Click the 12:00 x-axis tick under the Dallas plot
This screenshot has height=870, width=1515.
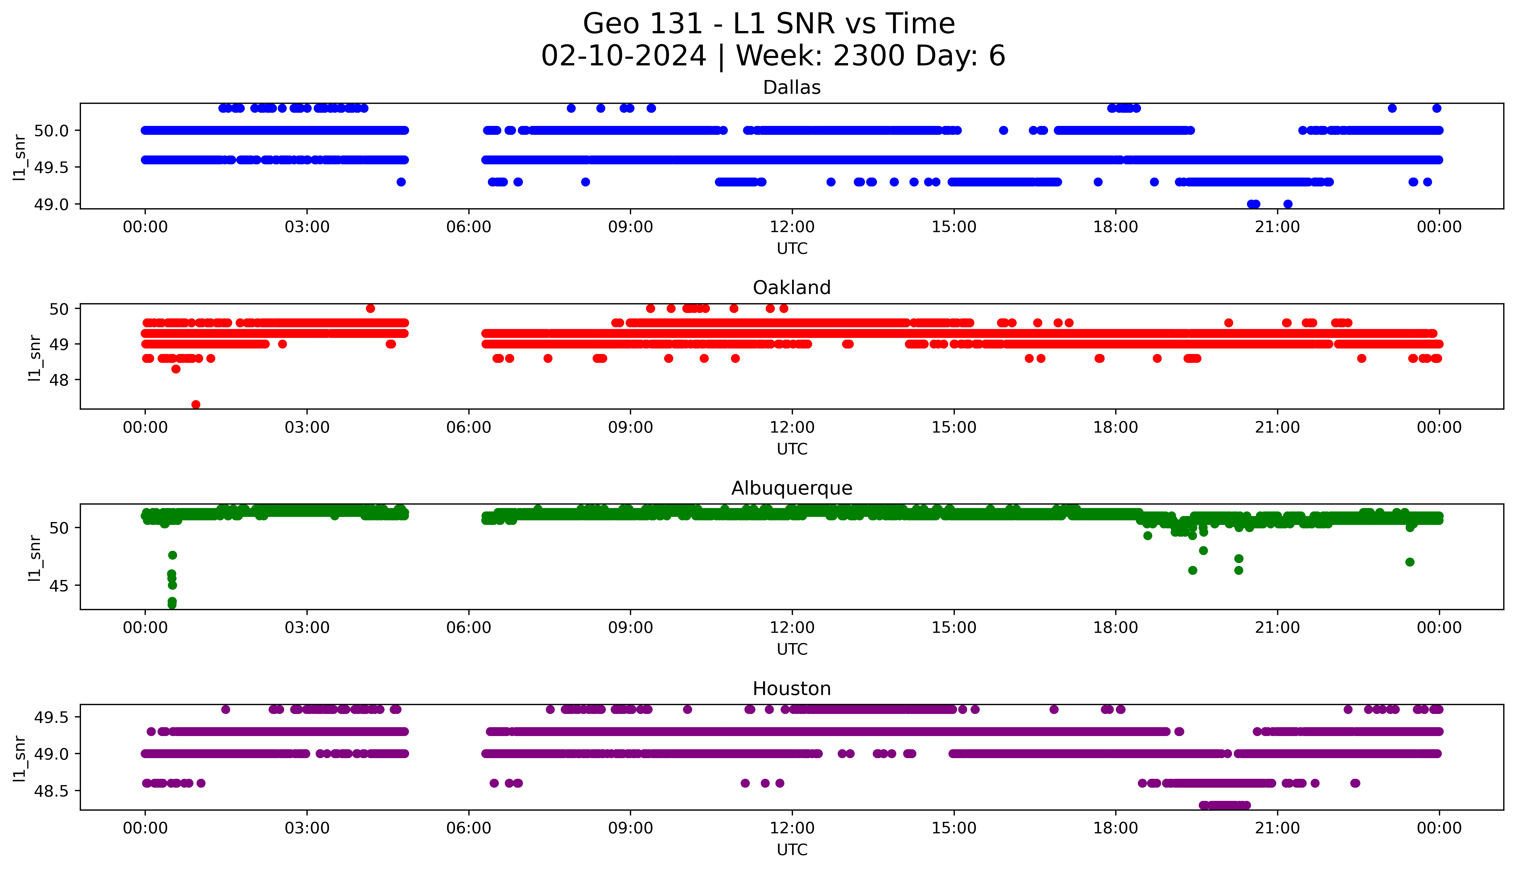(792, 227)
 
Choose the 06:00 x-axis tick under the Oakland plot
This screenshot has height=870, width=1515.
(469, 427)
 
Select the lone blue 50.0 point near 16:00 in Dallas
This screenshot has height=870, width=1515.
(1003, 130)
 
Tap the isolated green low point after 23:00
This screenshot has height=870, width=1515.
(1410, 562)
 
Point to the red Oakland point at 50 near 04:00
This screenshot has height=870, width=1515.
(370, 308)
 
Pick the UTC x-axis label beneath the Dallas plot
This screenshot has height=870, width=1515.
(792, 249)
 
